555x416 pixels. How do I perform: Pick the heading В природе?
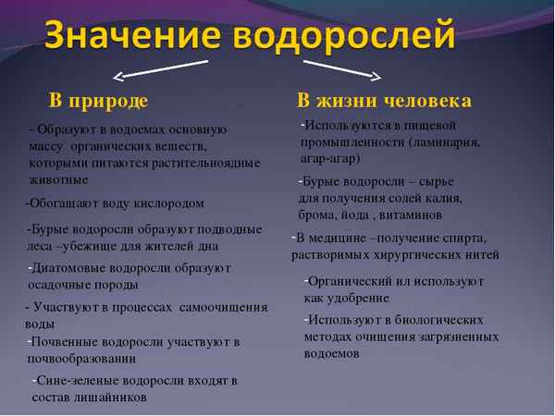(x=98, y=100)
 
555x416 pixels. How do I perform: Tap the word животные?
(x=59, y=179)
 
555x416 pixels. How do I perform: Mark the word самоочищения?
(x=223, y=307)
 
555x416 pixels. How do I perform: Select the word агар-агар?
(x=331, y=158)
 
